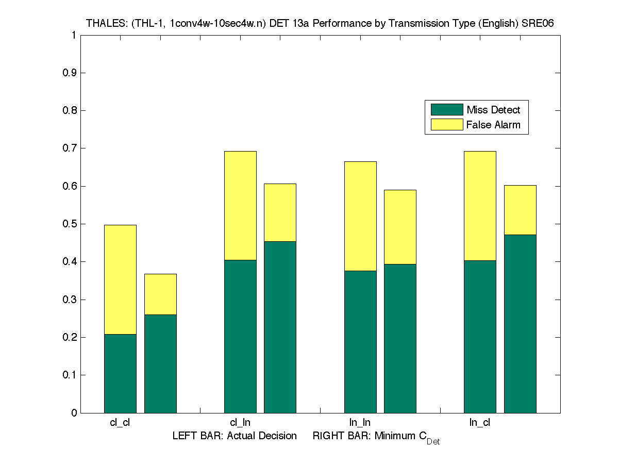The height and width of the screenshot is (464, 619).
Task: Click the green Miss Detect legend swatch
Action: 447,109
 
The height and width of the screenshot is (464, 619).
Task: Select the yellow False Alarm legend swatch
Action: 447,124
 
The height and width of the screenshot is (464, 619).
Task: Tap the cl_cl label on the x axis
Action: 120,423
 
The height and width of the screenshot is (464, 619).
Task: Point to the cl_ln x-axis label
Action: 240,423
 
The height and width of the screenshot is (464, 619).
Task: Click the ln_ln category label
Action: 360,423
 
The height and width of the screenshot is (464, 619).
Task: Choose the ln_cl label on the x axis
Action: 480,423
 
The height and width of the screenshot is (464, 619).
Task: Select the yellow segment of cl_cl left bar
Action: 120,279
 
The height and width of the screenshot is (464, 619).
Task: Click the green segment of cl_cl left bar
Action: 120,373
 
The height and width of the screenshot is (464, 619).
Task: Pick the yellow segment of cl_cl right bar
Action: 160,294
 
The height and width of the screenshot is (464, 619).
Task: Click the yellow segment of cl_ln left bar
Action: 240,205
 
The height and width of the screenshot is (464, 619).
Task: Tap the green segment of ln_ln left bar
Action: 360,341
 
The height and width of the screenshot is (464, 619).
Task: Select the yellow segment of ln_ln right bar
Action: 400,227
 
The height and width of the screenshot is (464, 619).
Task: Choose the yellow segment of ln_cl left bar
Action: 480,205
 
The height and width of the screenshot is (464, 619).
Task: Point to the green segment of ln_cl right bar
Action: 520,324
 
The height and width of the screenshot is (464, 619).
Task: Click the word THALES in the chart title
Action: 103,23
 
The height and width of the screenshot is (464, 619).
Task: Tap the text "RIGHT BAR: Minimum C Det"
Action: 376,437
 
